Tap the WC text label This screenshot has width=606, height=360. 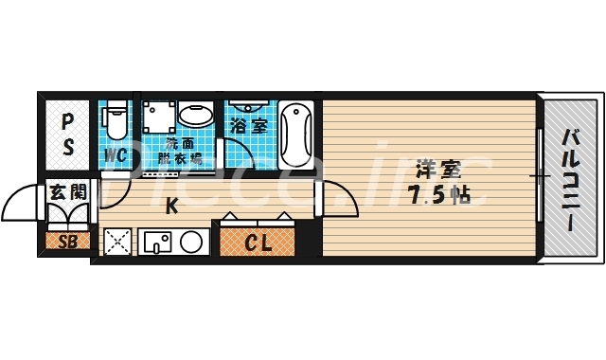coord(116,154)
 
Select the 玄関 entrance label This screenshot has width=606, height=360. coord(67,191)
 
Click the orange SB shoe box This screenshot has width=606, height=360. coord(67,241)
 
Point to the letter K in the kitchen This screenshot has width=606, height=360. coord(172,206)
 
